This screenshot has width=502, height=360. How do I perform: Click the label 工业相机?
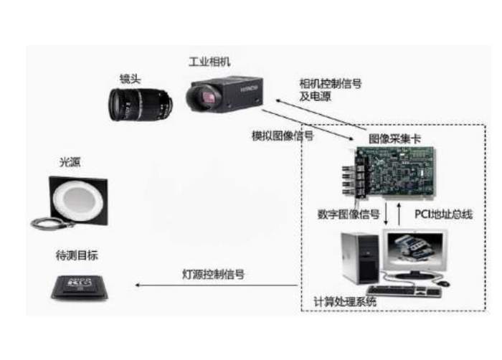coord(209,62)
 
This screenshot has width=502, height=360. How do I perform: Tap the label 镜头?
coord(130,79)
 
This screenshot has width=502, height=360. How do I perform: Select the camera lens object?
coord(141,105)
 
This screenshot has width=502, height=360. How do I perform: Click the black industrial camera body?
coord(224,94)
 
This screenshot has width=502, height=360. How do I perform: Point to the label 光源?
coord(70,162)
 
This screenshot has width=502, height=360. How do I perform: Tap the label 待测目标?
coord(77,255)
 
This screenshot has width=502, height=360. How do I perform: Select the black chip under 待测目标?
coord(80,287)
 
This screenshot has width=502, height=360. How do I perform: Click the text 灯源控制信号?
coord(213,274)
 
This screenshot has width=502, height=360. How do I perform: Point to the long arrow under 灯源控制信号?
coord(217,285)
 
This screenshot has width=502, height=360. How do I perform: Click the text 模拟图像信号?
coord(283,136)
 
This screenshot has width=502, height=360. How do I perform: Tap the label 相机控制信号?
coord(331,84)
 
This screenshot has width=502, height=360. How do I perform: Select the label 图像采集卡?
coord(394,138)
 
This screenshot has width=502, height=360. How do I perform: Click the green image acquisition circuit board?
coord(395,172)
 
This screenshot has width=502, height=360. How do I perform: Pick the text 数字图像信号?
coord(349,214)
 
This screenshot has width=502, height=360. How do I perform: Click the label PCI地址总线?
coord(443,214)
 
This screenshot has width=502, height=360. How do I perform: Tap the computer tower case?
coord(361,258)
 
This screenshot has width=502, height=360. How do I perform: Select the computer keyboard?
coord(404,291)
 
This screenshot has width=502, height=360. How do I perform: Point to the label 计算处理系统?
coord(345,302)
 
